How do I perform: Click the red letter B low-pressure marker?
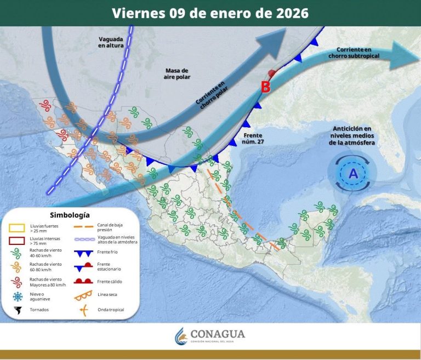pyautogui.click(x=265, y=87)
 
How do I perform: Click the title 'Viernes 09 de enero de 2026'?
pyautogui.click(x=210, y=13)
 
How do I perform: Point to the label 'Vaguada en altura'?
pyautogui.click(x=111, y=42)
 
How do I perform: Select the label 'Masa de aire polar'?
pyautogui.click(x=177, y=74)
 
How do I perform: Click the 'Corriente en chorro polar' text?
pyautogui.click(x=210, y=93)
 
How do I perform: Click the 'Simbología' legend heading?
pyautogui.click(x=70, y=215)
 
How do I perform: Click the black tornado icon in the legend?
pyautogui.click(x=19, y=310)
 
